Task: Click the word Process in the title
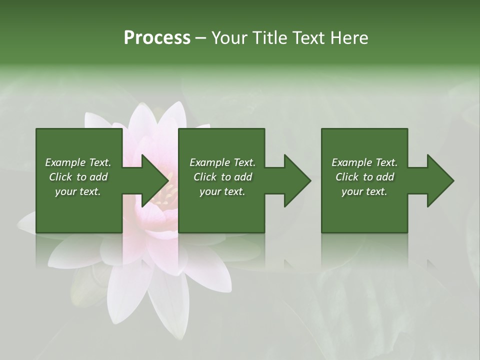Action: point(157,38)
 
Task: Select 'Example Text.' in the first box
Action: point(78,162)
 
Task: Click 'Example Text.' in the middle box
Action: point(222,162)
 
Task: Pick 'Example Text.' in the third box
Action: point(364,162)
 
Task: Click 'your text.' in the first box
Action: point(78,191)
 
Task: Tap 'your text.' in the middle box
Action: point(222,191)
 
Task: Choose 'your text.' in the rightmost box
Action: point(364,191)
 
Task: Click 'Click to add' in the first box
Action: point(78,177)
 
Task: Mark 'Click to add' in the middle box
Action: point(222,177)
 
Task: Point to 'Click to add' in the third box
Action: point(364,177)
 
